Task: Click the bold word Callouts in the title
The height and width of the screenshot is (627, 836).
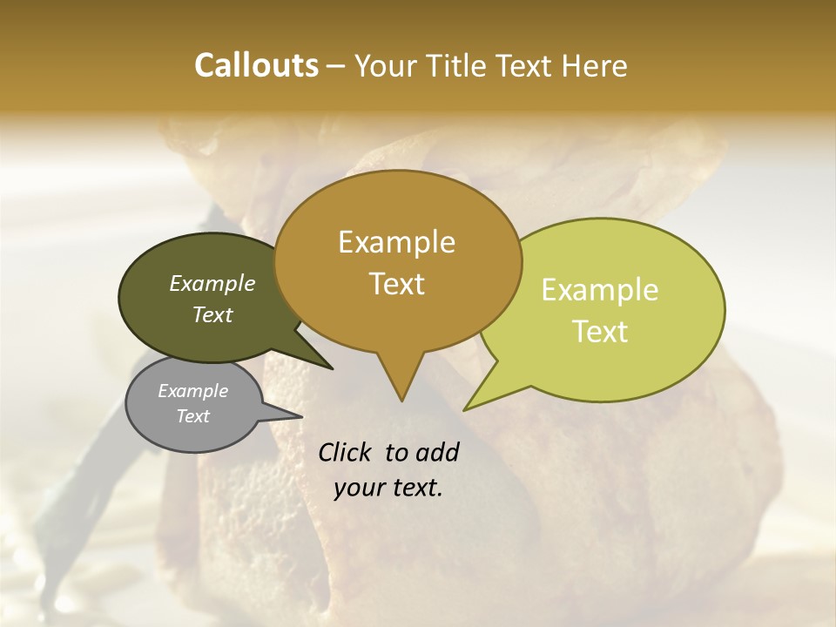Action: point(256,65)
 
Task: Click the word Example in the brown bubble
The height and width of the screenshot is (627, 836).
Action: point(396,242)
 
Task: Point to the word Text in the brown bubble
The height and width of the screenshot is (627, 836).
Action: point(397,284)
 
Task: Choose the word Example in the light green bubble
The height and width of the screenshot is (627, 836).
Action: point(600,290)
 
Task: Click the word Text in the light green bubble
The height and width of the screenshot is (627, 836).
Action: point(601,332)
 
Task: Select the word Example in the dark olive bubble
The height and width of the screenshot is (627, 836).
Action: point(212,283)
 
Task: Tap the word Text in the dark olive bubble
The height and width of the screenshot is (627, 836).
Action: point(212,314)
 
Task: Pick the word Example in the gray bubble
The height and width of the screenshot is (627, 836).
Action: point(192,391)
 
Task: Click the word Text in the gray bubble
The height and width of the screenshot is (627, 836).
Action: point(192,416)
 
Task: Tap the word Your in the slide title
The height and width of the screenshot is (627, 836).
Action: point(384,65)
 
